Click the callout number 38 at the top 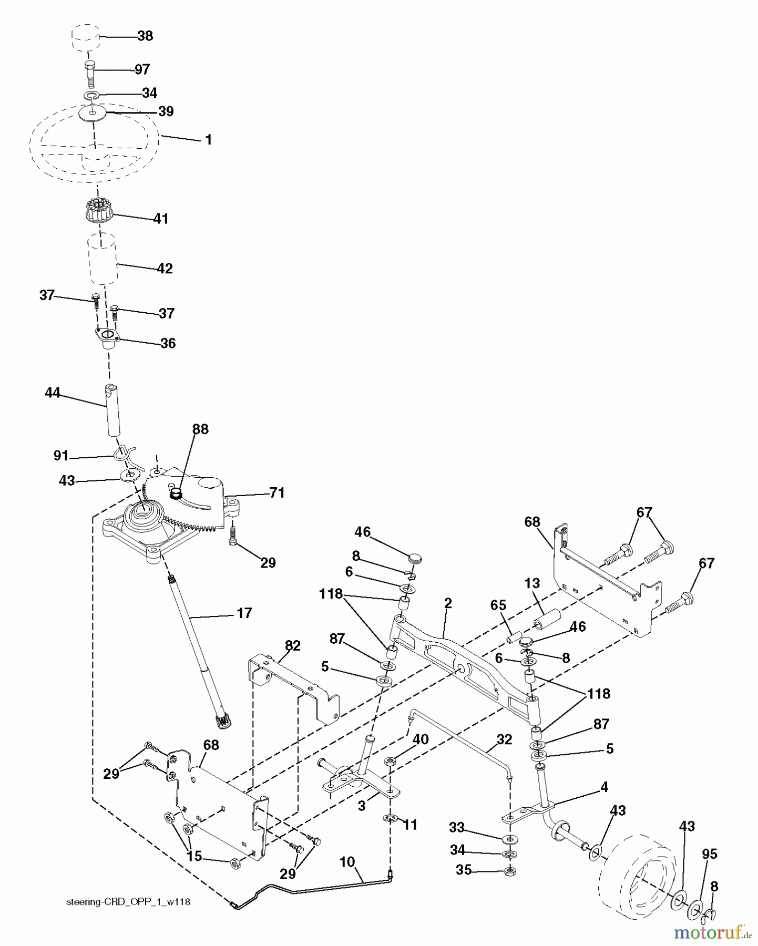point(145,36)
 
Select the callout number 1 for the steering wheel point(208,140)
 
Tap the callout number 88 point(200,429)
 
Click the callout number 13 point(532,583)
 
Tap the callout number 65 point(498,605)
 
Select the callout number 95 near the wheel point(709,854)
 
